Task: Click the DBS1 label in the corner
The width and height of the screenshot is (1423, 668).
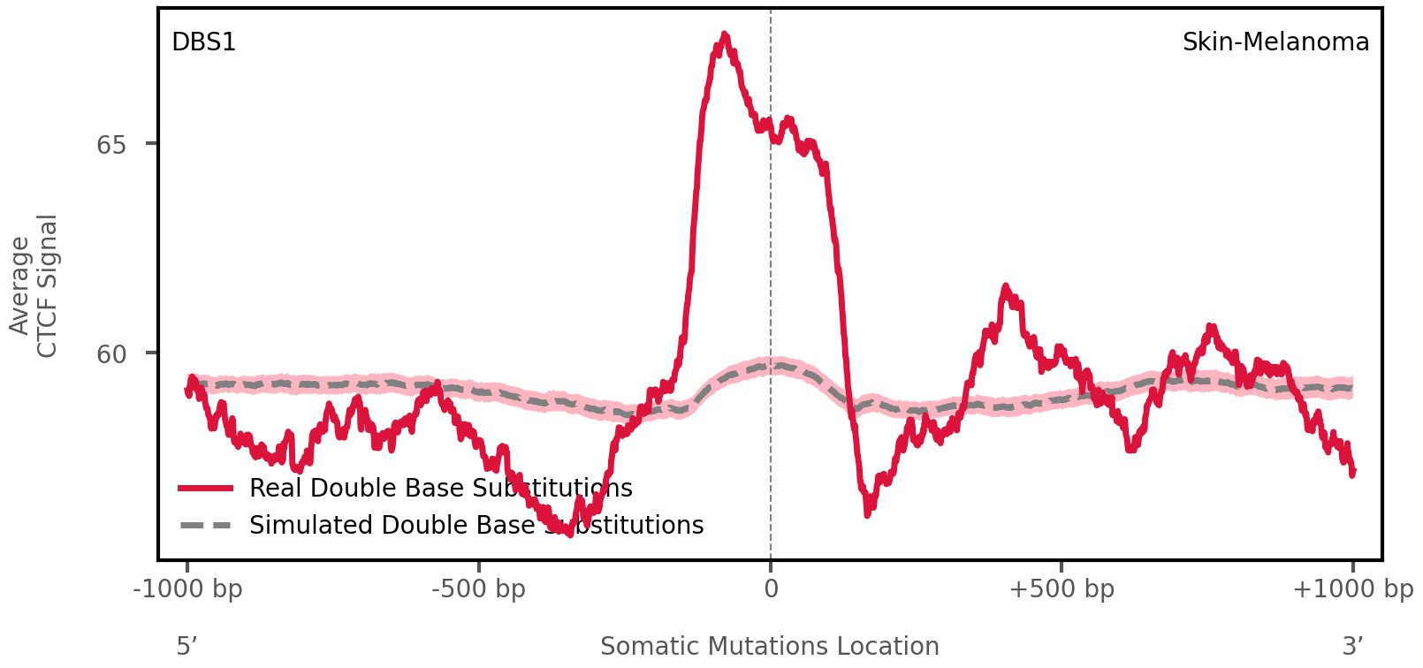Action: [203, 42]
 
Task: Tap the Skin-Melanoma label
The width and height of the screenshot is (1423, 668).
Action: [1275, 42]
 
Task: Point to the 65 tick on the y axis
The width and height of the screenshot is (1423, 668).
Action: [111, 144]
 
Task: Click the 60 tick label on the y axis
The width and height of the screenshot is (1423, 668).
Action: [111, 354]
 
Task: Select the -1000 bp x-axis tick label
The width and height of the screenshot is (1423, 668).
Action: [187, 589]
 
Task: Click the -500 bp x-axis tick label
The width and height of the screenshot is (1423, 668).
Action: [478, 589]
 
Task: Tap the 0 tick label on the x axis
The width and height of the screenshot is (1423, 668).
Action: [771, 589]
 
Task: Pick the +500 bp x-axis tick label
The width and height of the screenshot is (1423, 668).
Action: [1061, 589]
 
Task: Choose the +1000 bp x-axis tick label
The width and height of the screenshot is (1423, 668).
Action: [1352, 589]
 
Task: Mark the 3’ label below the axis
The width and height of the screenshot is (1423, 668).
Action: [1352, 647]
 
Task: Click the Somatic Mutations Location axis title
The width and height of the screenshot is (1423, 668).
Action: [769, 647]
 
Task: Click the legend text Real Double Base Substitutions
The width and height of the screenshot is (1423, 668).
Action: [440, 489]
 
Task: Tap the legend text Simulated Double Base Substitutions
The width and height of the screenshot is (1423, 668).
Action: [476, 526]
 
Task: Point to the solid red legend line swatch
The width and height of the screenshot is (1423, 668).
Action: [205, 489]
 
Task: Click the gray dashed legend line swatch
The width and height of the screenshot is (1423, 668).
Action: [205, 526]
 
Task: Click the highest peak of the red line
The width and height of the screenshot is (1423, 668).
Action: [725, 35]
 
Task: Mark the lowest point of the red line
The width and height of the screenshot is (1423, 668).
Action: [570, 534]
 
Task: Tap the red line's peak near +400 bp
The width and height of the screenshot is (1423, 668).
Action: [1005, 287]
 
